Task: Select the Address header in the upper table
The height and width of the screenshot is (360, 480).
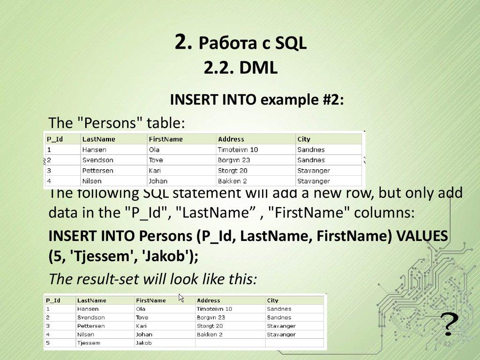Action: point(231,139)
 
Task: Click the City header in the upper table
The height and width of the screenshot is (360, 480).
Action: point(304,139)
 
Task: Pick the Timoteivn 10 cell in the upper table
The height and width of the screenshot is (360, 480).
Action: point(238,150)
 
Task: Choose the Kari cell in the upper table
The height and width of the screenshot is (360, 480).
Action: point(156,171)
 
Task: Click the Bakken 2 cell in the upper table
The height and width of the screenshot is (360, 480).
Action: point(232,181)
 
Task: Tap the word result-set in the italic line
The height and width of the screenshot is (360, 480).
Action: point(105,280)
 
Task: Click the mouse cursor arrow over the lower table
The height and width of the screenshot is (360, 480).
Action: point(181,298)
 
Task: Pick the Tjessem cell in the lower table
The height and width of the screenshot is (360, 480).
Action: point(89,343)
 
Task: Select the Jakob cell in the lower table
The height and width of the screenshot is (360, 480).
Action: point(143,343)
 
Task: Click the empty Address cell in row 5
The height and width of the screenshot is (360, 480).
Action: point(230,343)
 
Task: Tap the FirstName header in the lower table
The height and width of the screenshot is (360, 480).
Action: point(150,300)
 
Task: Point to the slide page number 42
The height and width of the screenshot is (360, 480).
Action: point(447,345)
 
